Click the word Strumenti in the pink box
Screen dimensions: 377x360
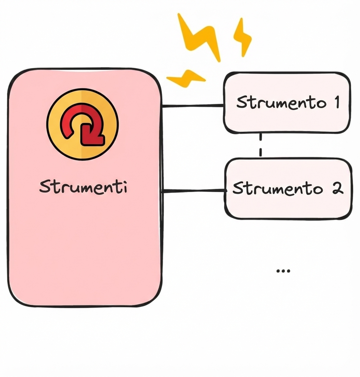(x=83, y=187)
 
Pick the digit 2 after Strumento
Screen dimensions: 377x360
(x=337, y=188)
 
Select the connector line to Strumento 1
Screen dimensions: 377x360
(x=193, y=106)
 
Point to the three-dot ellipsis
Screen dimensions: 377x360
(x=283, y=271)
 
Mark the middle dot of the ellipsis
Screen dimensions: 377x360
(x=283, y=271)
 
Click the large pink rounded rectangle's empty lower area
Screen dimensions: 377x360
(x=84, y=257)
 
